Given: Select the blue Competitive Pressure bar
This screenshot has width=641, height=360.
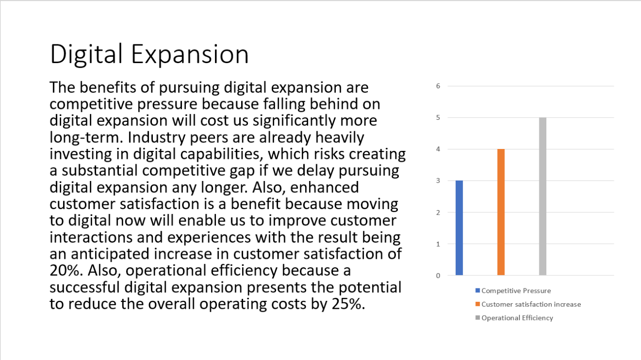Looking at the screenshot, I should pyautogui.click(x=459, y=227).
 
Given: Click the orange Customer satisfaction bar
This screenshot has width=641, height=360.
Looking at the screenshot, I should pyautogui.click(x=501, y=212).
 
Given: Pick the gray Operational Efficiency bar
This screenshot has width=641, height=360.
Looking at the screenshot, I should pyautogui.click(x=542, y=196).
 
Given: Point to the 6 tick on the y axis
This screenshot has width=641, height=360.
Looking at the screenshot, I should pyautogui.click(x=438, y=86).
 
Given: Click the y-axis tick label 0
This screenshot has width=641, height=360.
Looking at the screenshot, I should pyautogui.click(x=438, y=275).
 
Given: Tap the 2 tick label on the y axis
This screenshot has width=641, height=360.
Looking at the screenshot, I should pyautogui.click(x=438, y=212).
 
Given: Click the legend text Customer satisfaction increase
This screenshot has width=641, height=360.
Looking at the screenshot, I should pyautogui.click(x=531, y=304).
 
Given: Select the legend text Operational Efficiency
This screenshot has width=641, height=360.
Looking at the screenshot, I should pyautogui.click(x=517, y=318).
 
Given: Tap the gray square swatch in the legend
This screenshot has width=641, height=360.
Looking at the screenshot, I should pyautogui.click(x=478, y=318).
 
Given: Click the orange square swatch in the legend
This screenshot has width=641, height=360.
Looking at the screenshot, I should pyautogui.click(x=478, y=304).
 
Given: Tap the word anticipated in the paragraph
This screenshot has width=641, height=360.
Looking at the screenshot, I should pyautogui.click(x=112, y=254).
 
